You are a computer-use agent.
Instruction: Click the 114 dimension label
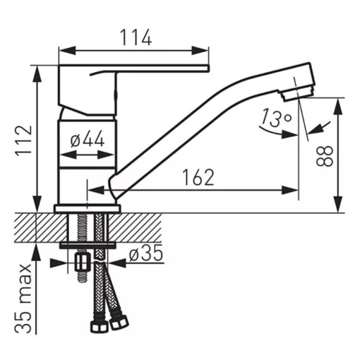point(136,37)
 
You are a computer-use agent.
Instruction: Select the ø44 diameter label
point(88,139)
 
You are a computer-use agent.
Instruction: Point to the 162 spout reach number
point(198,177)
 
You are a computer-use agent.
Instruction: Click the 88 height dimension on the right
point(325,156)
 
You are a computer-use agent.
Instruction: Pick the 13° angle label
point(276,117)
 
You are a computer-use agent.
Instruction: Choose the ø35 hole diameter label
point(146,253)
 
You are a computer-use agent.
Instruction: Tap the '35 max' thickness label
point(23,299)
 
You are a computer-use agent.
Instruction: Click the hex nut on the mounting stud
point(83,262)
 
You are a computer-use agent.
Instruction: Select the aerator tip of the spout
point(298,94)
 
